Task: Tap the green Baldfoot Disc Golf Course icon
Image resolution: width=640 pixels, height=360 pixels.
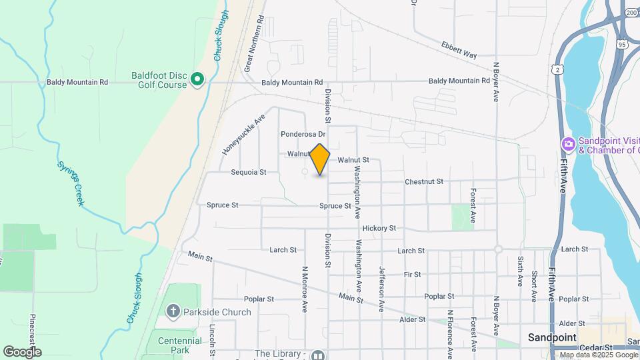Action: pos(197,80)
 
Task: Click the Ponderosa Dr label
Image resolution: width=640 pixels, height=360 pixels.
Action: pos(302,133)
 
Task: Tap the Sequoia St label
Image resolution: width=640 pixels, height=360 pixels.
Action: pos(248,172)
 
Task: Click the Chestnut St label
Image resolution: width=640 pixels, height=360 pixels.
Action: pos(424,181)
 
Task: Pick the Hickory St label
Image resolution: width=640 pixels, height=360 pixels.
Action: pos(379,228)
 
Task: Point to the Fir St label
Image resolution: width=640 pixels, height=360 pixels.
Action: pos(412,274)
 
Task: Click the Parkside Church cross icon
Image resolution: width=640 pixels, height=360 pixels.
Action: pos(173,311)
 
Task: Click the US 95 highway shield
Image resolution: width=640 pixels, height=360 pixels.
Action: pos(622,45)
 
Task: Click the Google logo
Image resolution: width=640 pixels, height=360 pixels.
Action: pos(22,351)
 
